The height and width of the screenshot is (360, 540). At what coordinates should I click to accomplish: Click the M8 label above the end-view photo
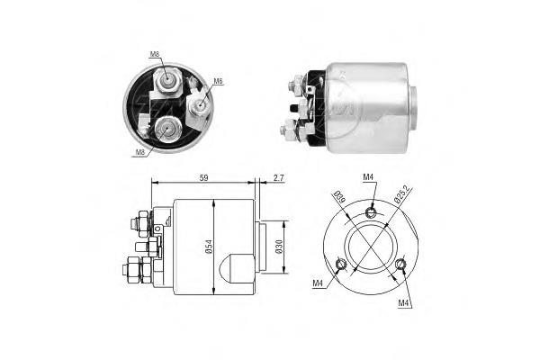155,54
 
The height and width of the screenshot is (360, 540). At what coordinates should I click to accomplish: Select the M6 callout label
218,81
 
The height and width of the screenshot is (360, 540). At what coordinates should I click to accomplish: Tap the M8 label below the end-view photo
139,152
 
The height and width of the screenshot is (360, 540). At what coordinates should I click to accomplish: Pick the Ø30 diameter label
279,246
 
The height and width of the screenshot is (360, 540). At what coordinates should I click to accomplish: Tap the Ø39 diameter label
338,199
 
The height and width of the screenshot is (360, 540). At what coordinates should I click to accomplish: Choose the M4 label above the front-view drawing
369,177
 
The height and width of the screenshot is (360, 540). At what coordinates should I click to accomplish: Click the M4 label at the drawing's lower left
319,284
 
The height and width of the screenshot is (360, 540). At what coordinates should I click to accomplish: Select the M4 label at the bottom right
404,303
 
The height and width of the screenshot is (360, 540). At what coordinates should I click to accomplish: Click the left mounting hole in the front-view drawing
340,264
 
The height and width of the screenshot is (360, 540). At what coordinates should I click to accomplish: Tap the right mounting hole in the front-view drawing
400,264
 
